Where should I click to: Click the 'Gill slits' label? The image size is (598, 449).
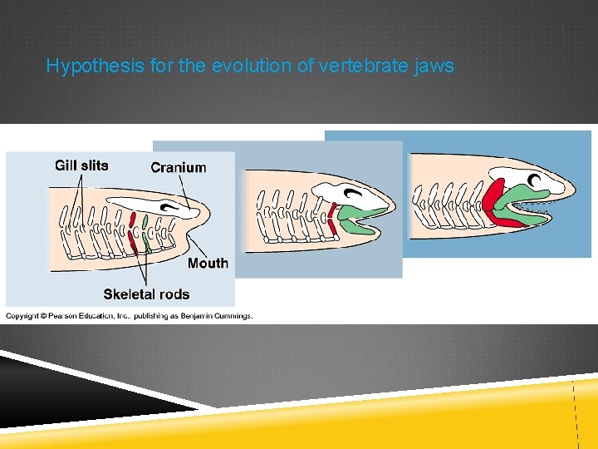(81, 165)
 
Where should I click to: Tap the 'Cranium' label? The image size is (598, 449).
(178, 167)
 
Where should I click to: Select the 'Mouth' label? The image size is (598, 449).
(208, 263)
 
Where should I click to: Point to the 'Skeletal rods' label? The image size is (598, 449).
(146, 294)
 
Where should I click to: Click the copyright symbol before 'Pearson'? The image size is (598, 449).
(43, 315)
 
